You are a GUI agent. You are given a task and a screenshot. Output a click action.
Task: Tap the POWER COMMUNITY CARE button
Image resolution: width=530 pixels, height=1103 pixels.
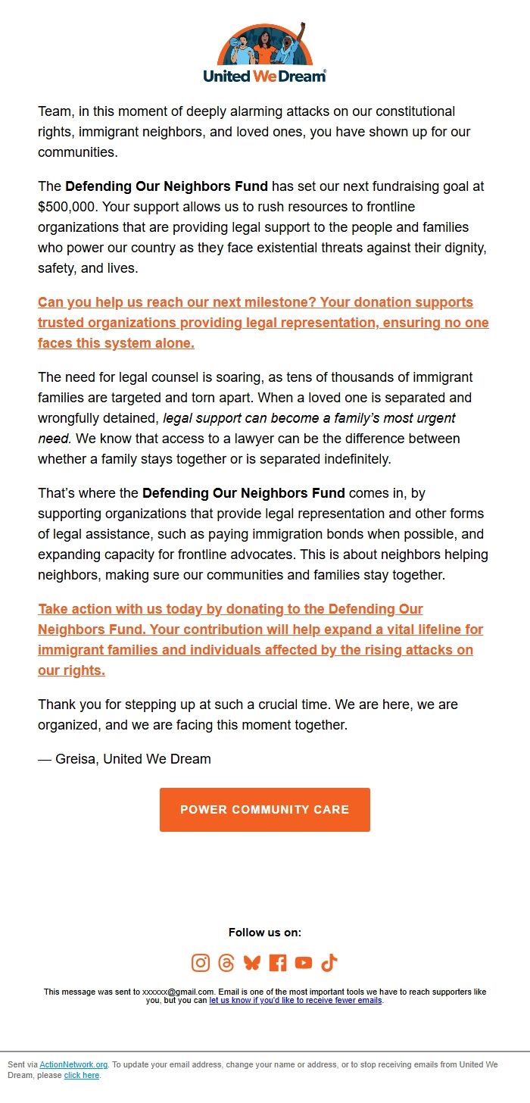(265, 810)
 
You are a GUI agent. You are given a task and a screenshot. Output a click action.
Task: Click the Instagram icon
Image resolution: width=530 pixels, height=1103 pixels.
(201, 963)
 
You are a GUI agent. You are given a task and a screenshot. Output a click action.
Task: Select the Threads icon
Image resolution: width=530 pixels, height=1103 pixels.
(226, 963)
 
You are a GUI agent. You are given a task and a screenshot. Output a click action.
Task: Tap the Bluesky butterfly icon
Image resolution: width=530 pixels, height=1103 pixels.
(252, 963)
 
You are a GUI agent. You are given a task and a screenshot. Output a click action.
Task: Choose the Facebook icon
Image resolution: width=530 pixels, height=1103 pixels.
(278, 963)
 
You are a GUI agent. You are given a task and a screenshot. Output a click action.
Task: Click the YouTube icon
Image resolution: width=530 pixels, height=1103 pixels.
(304, 963)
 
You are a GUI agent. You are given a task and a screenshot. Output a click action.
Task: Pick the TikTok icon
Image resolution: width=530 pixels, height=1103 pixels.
(329, 963)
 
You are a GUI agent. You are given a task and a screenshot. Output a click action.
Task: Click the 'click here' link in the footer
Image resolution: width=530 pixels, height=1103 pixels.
(82, 1075)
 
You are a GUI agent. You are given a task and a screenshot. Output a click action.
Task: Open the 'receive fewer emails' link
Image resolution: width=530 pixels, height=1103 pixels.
(296, 1000)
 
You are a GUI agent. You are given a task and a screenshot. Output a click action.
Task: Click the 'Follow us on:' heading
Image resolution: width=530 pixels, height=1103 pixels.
(265, 933)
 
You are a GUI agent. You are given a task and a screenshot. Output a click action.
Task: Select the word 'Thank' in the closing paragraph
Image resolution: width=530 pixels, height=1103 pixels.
(57, 705)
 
